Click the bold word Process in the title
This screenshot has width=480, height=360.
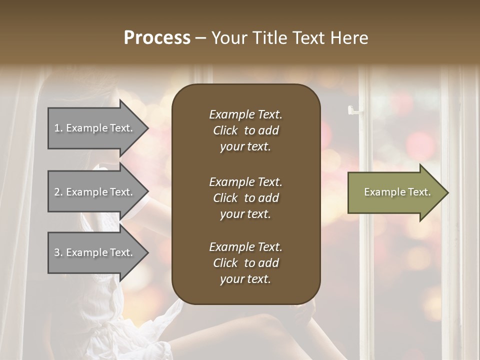pos(157,38)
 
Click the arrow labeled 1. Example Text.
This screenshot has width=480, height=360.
pos(95,128)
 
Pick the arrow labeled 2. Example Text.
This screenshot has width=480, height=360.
pos(95,192)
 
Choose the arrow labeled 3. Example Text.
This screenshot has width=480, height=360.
pos(95,252)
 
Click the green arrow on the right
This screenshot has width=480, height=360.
pos(395,192)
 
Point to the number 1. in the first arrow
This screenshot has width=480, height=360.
pos(58,128)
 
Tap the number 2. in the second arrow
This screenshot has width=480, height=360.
pos(58,192)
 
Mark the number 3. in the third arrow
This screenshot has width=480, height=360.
pos(58,252)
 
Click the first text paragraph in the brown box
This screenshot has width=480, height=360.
pos(245,130)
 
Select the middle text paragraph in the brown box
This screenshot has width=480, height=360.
pos(245,197)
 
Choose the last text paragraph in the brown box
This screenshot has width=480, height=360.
pos(245,263)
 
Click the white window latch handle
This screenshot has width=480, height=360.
pos(354,110)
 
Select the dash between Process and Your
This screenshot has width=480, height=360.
pos(200,38)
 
